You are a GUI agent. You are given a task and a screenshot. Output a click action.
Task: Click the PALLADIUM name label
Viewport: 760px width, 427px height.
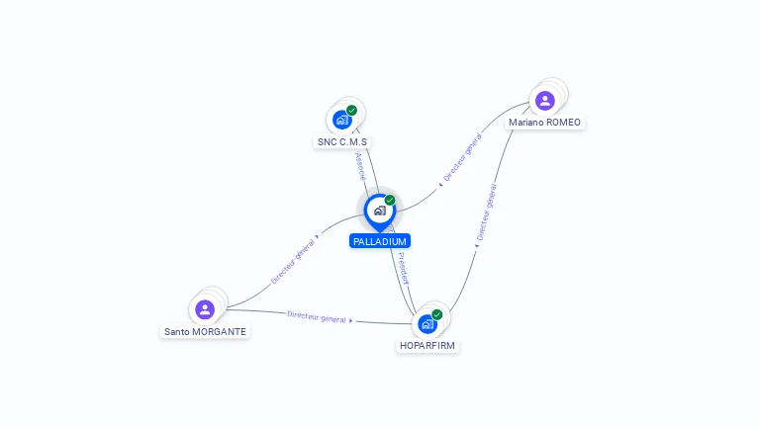pyautogui.click(x=379, y=241)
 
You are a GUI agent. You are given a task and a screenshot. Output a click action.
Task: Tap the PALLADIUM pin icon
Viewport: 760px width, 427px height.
pyautogui.click(x=379, y=211)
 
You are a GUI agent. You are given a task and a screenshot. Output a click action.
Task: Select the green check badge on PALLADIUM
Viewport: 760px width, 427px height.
pyautogui.click(x=390, y=201)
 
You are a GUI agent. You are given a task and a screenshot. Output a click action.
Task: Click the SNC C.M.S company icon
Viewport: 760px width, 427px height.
pyautogui.click(x=342, y=120)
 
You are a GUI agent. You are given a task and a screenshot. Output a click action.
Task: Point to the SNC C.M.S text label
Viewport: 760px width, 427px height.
pyautogui.click(x=341, y=141)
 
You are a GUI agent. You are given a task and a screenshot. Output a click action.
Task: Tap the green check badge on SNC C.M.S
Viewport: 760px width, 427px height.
pyautogui.click(x=351, y=111)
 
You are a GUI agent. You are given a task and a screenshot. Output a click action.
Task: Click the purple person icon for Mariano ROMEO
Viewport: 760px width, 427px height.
pyautogui.click(x=544, y=100)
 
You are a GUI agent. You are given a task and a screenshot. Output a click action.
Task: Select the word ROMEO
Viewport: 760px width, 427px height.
pyautogui.click(x=564, y=123)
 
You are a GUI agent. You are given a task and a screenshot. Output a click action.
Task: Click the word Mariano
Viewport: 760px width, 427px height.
pyautogui.click(x=526, y=123)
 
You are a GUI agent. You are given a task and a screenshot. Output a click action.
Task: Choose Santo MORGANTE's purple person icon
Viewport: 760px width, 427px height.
pyautogui.click(x=205, y=309)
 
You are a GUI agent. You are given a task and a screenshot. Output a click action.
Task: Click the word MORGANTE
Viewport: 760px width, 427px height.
pyautogui.click(x=220, y=332)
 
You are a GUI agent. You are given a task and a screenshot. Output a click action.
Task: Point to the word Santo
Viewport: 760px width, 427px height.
pyautogui.click(x=177, y=332)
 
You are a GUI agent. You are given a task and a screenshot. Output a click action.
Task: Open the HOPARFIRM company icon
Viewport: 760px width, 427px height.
pyautogui.click(x=427, y=323)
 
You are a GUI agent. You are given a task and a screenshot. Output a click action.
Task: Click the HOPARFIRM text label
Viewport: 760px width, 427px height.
pyautogui.click(x=427, y=346)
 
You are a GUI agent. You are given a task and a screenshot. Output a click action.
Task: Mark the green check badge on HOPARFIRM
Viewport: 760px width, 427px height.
pyautogui.click(x=436, y=314)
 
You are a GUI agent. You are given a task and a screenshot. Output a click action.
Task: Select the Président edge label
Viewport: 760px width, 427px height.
pyautogui.click(x=403, y=268)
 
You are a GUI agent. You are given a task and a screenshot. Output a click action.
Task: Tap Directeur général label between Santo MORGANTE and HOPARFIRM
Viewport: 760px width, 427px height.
pyautogui.click(x=317, y=317)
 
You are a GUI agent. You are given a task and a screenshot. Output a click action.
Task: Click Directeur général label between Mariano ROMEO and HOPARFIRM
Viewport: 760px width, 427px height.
pyautogui.click(x=486, y=213)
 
